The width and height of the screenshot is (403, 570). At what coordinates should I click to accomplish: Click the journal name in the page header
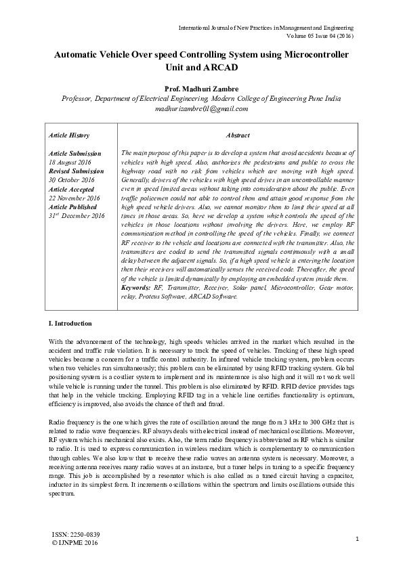pos(266,28)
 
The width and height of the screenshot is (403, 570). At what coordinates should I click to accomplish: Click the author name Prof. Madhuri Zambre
pos(201,89)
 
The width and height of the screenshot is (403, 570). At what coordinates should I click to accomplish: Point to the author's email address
pos(201,108)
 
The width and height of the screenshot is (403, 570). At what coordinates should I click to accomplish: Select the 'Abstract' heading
pos(237,135)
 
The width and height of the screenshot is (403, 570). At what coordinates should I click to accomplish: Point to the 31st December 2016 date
pos(77,216)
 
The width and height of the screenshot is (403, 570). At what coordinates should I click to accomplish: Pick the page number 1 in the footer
pos(356,538)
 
